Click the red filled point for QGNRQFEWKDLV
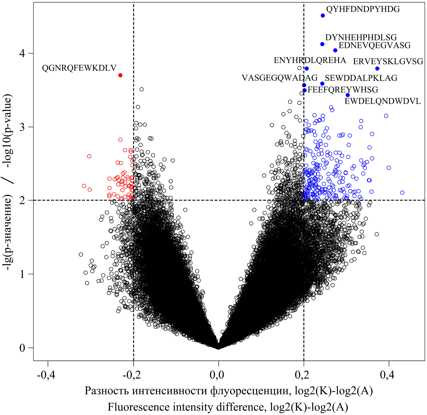120,75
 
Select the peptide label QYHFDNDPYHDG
363,9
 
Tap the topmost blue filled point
323,16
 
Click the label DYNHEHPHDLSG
361,38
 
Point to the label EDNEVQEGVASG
374,45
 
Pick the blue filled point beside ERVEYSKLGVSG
377,69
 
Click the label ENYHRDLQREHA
310,60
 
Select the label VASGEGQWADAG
280,78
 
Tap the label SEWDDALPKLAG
361,78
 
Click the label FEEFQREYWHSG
343,90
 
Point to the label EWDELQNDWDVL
383,102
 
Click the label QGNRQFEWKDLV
79,68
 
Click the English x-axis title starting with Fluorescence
228,407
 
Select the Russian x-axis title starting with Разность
229,391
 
